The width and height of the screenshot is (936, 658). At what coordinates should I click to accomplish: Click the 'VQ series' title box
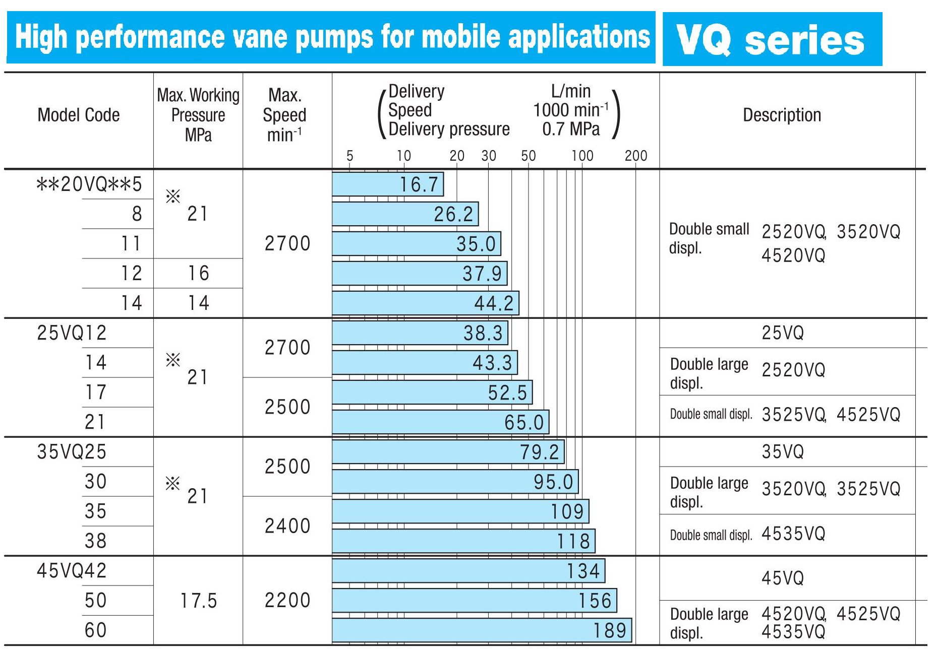coord(772,39)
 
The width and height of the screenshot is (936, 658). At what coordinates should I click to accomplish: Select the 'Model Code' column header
coord(79,115)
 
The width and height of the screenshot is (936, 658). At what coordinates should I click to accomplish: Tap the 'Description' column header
coord(782,115)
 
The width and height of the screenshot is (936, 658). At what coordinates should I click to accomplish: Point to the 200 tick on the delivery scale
coord(635,156)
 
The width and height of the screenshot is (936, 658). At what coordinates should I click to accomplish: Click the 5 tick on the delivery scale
coord(349,156)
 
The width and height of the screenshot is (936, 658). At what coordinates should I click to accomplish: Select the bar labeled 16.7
coord(387,184)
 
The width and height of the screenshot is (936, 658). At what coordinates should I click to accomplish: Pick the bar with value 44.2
coord(425,303)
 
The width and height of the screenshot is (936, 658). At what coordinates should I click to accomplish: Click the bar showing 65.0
coord(440,422)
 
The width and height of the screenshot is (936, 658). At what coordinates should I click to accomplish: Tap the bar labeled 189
coord(482,630)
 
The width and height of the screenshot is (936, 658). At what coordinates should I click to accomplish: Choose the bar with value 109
coord(460,511)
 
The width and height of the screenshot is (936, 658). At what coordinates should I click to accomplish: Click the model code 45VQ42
coord(72,571)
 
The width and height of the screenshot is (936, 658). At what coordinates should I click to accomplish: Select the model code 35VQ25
coord(72,452)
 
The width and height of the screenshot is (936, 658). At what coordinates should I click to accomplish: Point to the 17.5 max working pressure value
coord(198,601)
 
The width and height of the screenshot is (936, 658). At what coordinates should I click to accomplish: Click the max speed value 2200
coord(287,601)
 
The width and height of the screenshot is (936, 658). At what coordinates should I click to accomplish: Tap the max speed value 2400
coord(287,526)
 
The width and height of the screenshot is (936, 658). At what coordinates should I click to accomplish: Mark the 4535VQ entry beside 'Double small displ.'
coord(793,534)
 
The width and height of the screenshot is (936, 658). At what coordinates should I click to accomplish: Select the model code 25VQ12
coord(72,333)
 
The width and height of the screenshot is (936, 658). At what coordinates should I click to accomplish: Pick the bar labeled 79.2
coord(448,452)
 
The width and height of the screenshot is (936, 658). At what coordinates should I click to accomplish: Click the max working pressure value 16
coord(198,274)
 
